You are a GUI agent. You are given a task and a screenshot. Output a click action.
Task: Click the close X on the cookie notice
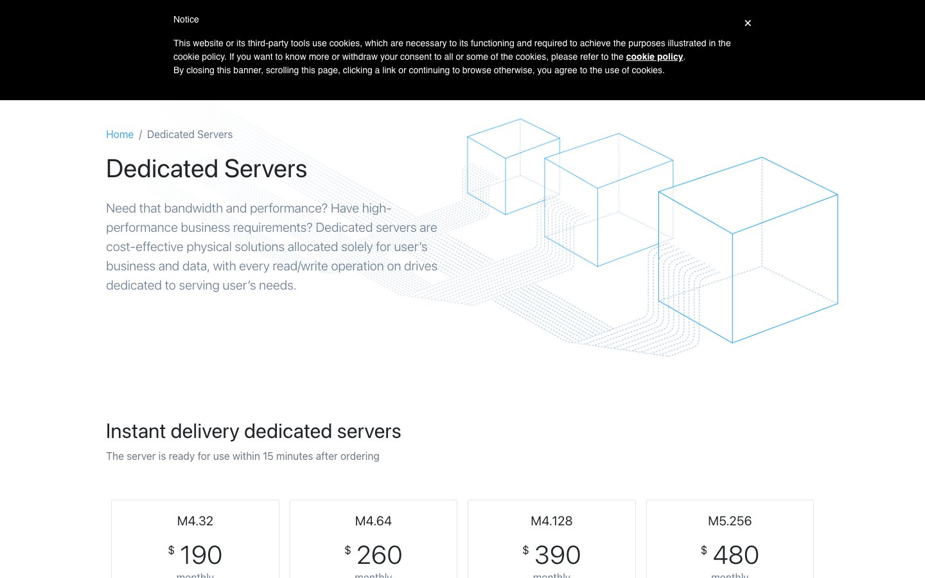[748, 23]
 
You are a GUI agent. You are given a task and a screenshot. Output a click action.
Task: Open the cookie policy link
[654, 57]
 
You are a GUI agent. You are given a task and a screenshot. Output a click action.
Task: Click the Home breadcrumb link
[119, 135]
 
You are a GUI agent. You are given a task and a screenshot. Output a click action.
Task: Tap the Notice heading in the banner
[186, 19]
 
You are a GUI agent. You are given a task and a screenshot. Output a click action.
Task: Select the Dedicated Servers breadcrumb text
[189, 135]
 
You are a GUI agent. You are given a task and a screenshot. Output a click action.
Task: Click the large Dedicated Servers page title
[206, 169]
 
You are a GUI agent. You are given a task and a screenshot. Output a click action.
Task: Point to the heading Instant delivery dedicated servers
[254, 432]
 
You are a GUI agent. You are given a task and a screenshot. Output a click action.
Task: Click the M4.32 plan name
[195, 521]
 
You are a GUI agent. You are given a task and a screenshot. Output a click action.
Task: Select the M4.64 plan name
[373, 521]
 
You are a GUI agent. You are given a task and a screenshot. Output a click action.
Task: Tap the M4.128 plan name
[551, 521]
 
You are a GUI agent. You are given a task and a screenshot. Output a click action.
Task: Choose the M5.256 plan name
[730, 521]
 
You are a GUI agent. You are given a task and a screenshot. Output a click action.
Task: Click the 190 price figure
[200, 555]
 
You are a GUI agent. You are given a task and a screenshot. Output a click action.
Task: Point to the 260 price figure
[379, 555]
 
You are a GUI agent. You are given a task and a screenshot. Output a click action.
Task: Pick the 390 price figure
[558, 555]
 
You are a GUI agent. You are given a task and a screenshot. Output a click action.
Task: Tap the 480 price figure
[736, 555]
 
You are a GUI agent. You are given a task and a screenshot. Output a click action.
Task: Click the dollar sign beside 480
[703, 550]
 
